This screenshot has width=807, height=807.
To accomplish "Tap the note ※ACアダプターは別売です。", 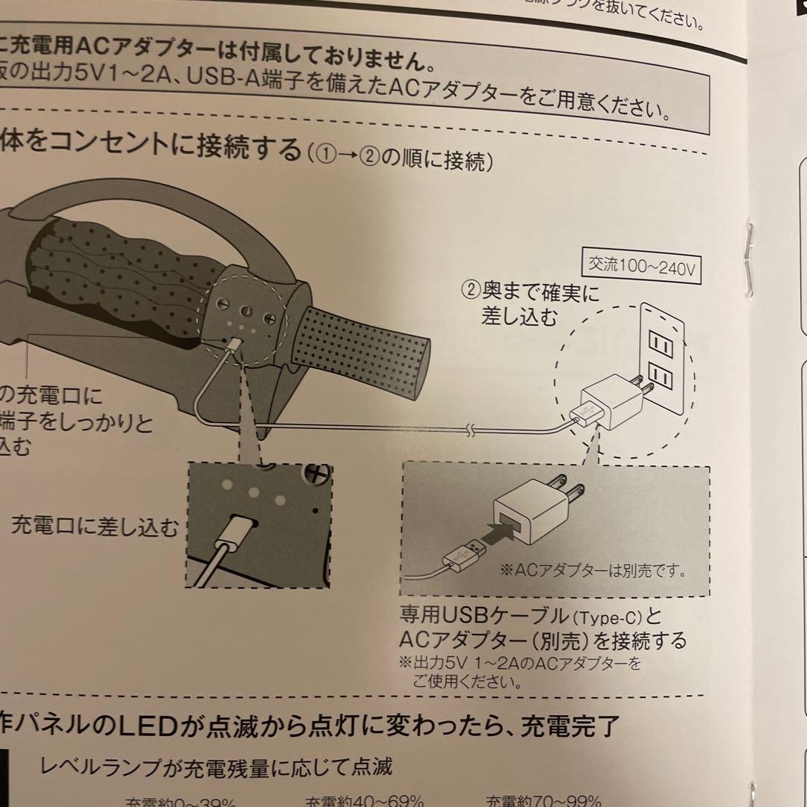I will point(593,570).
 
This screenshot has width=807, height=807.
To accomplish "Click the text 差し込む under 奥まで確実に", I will point(520,317).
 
